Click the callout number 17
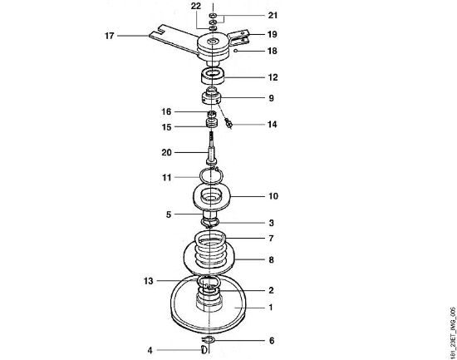point(110,36)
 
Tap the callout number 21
point(273,15)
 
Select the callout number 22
point(196,6)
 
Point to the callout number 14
point(273,125)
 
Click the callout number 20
point(167,152)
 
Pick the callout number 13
point(149,281)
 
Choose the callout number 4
point(150,350)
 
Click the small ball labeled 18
point(236,51)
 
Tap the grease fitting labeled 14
point(228,123)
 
